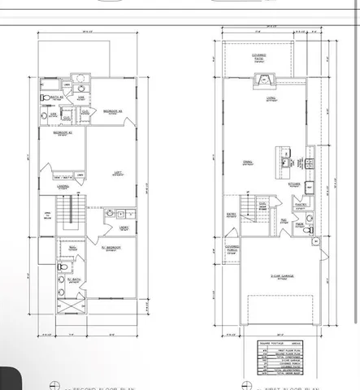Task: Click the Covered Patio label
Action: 258,57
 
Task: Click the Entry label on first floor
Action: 232,216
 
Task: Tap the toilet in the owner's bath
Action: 62,266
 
